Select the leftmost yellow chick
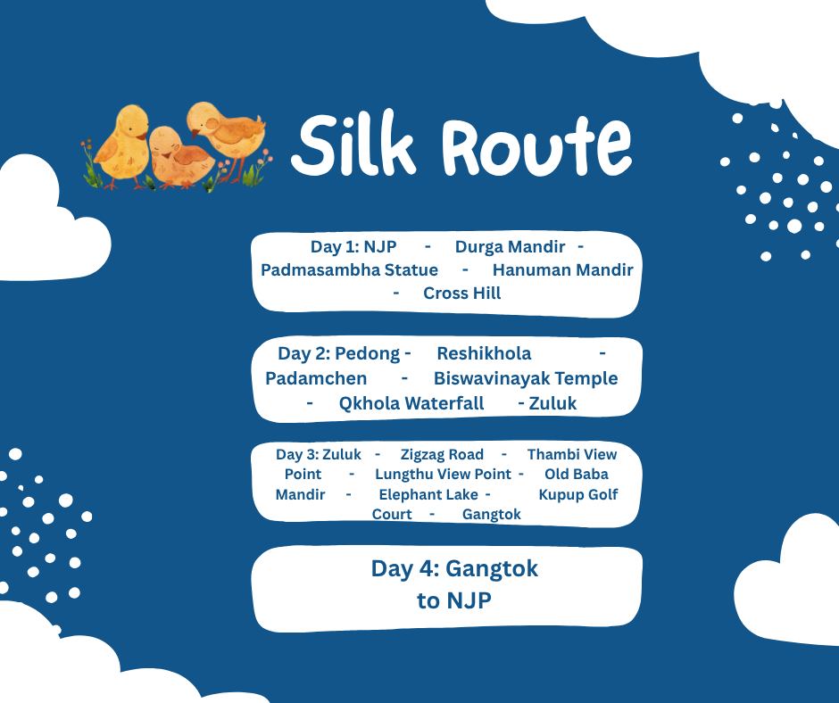pyautogui.click(x=122, y=143)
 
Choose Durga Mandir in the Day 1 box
pyautogui.click(x=510, y=246)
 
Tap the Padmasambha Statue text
pyautogui.click(x=349, y=269)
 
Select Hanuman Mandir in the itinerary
pyautogui.click(x=562, y=269)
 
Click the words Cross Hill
pyautogui.click(x=461, y=293)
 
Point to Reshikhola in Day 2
pyautogui.click(x=484, y=353)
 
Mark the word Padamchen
pyautogui.click(x=316, y=378)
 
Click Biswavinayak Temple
pyautogui.click(x=526, y=378)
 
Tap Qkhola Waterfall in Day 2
pyautogui.click(x=411, y=403)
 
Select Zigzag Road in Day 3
pyautogui.click(x=442, y=454)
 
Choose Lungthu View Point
pyautogui.click(x=443, y=474)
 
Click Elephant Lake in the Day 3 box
pyautogui.click(x=428, y=494)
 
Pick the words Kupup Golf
pyautogui.click(x=578, y=494)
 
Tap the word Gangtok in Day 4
pyautogui.click(x=492, y=568)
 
